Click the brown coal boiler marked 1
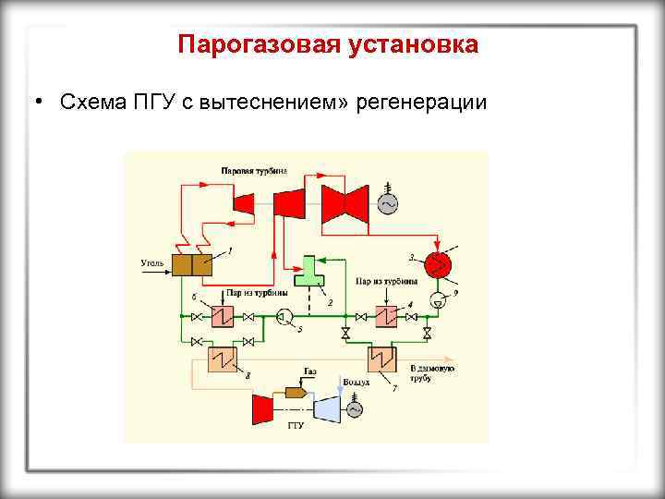(x=193, y=265)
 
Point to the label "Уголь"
(x=152, y=264)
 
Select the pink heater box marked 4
(x=386, y=317)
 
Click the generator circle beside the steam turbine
(x=385, y=201)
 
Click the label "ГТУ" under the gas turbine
(x=296, y=426)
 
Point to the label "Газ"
(x=310, y=371)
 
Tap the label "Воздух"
(x=356, y=381)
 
